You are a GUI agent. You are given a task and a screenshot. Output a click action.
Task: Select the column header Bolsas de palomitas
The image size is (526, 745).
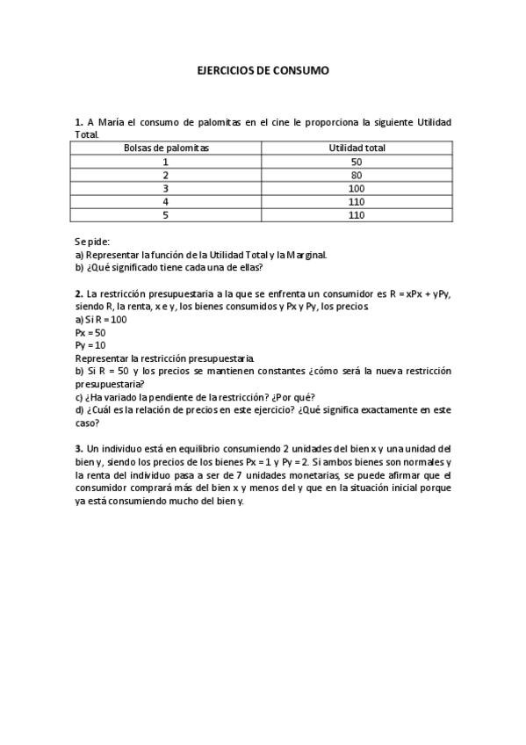coord(166,148)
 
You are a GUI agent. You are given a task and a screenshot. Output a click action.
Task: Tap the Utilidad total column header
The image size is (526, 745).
coord(357,148)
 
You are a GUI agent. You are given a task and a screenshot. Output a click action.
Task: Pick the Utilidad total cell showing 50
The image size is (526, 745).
coord(357,162)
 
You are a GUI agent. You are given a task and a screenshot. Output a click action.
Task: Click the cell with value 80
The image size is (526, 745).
coord(357,175)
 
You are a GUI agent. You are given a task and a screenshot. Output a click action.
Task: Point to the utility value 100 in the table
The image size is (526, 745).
coord(357,188)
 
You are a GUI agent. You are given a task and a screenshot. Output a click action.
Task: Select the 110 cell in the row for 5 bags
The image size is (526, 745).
coord(357,214)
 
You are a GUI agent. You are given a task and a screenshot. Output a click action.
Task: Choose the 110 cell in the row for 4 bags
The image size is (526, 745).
coord(357,201)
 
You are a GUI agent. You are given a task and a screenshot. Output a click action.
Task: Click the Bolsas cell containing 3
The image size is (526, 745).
coord(166,188)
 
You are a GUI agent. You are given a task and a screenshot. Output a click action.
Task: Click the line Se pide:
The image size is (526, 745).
coord(92,242)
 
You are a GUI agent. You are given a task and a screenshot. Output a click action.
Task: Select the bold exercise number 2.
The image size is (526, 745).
coord(79,293)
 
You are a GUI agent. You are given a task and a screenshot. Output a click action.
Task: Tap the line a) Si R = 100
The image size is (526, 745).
coord(101,319)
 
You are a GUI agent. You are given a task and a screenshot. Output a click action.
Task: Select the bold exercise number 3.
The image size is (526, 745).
coord(79,448)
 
